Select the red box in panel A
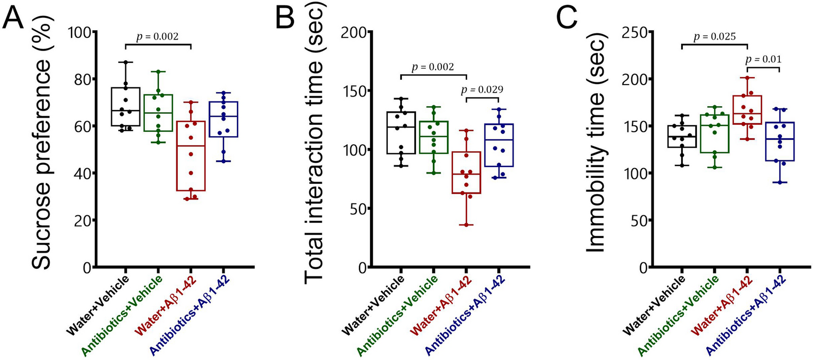(x=190, y=156)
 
